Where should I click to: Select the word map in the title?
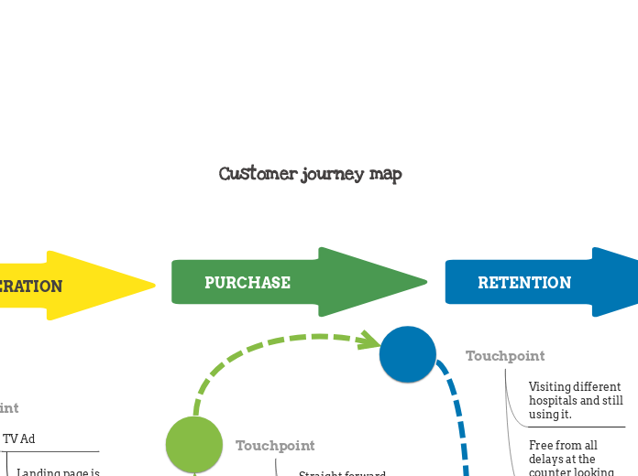point(386,174)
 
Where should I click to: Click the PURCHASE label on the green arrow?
point(247,283)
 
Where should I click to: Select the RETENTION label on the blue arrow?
point(523,283)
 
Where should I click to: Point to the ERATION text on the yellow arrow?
point(31,287)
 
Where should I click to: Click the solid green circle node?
point(194,444)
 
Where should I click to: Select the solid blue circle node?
point(408,354)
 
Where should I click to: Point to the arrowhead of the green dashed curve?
point(371,341)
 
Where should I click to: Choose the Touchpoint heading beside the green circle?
point(275,446)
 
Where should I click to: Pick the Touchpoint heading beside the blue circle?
point(505,356)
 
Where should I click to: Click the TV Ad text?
point(19,438)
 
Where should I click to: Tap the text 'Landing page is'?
point(59,471)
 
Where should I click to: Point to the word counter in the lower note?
point(553,472)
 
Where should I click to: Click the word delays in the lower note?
point(547,459)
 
